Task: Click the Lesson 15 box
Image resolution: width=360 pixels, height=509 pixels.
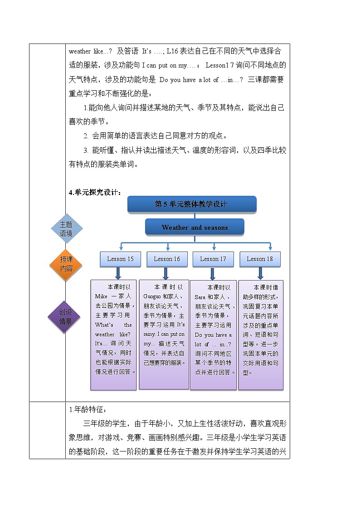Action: [x=120, y=259]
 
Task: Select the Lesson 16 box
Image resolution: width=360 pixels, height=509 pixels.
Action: [x=166, y=259]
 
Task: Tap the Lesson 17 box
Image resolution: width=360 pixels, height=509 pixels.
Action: [x=213, y=259]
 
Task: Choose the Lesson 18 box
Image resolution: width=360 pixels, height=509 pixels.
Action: [x=260, y=259]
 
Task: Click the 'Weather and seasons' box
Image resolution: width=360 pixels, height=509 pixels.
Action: [x=195, y=227]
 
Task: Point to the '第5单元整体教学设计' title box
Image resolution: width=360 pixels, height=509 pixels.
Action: [x=192, y=204]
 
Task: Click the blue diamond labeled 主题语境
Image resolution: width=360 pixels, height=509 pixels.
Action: [x=66, y=229]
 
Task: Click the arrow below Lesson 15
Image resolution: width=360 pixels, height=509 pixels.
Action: [x=118, y=273]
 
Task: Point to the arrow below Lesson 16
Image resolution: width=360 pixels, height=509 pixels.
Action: [x=165, y=273]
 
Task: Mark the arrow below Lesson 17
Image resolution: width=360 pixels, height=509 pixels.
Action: [x=213, y=273]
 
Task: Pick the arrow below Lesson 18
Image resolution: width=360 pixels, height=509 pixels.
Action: [x=260, y=273]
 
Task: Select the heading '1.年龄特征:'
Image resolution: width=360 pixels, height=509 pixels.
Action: [x=87, y=410]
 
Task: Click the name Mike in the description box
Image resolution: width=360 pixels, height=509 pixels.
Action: [x=100, y=296]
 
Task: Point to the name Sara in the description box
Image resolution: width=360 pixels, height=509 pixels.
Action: [x=200, y=296]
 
